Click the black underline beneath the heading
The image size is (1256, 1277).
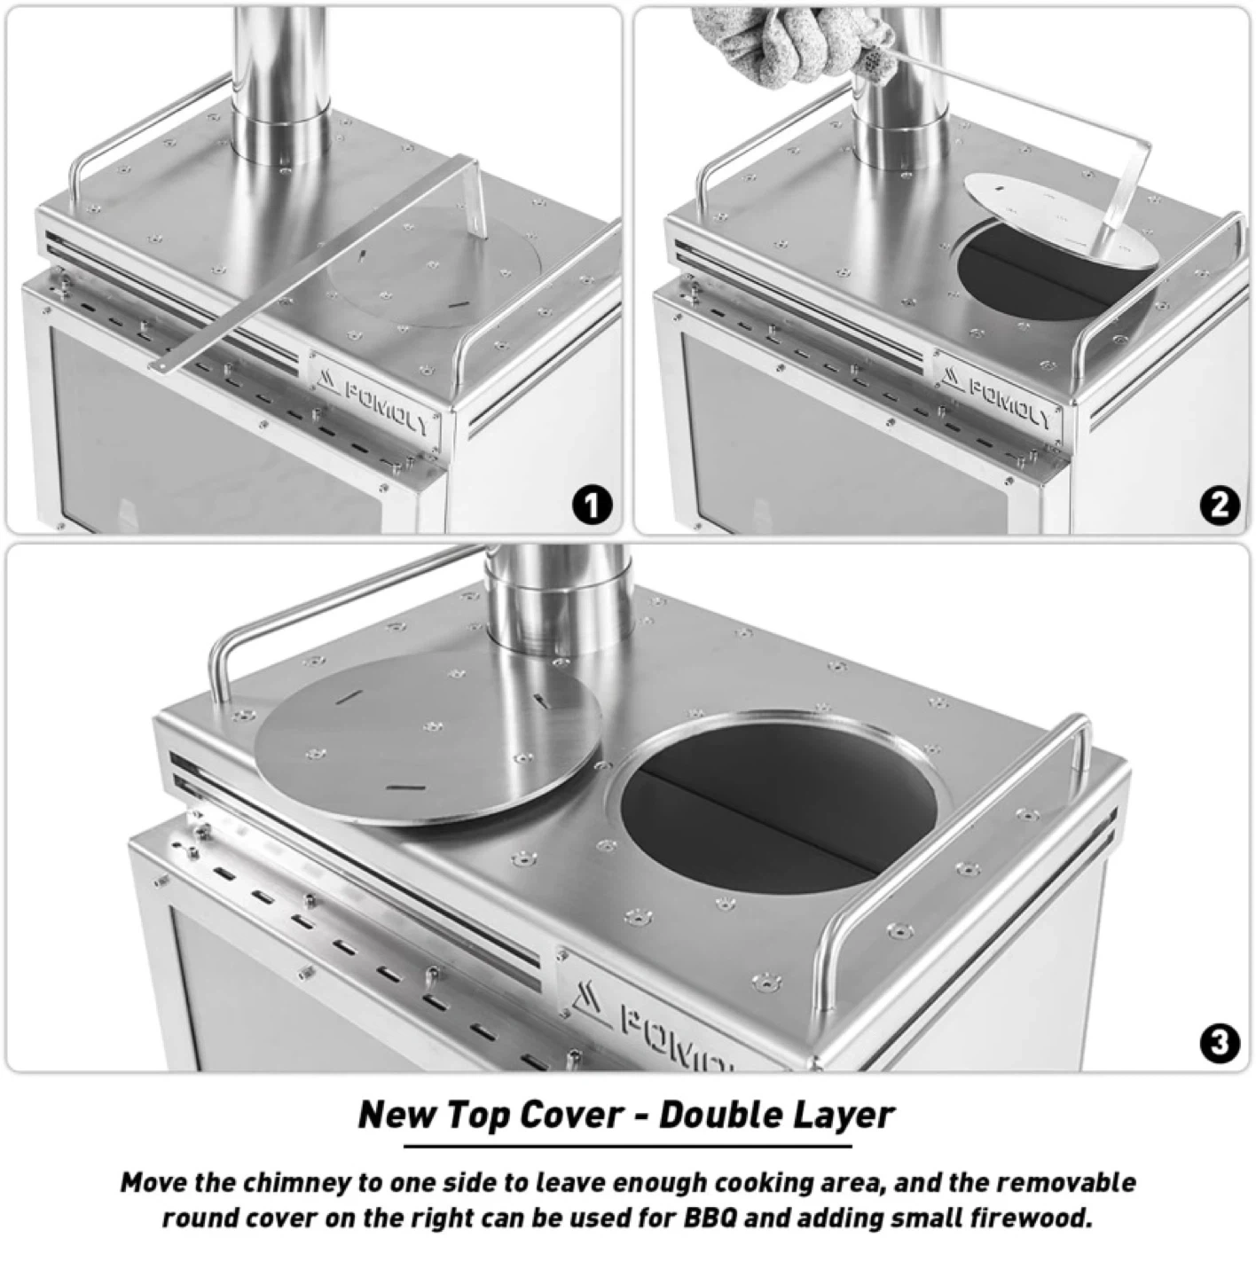tap(627, 1145)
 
